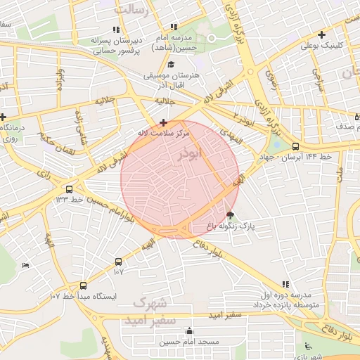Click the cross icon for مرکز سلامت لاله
(x=163, y=122)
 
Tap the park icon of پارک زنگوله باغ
(x=231, y=214)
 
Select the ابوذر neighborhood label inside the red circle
(x=190, y=153)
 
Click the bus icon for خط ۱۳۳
(x=69, y=189)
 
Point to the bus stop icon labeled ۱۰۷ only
(x=117, y=262)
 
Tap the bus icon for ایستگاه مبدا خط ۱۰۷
(x=84, y=285)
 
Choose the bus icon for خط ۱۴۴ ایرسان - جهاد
(x=295, y=147)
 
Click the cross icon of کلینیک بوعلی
(x=321, y=34)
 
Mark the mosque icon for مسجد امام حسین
(x=188, y=331)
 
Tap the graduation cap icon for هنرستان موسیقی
(x=171, y=65)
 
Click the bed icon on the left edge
(x=25, y=265)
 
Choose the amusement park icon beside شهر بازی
(x=307, y=345)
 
